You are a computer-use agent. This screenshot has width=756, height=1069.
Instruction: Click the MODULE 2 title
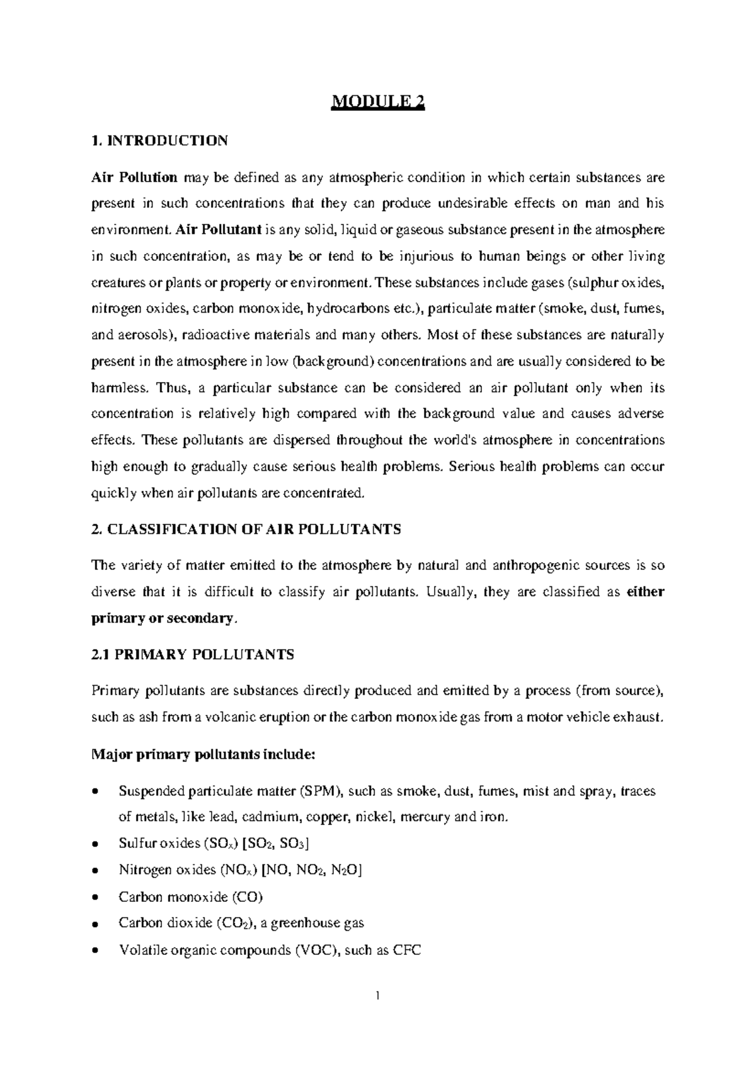pos(378,102)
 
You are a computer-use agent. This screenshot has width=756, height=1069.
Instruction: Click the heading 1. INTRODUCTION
pos(159,141)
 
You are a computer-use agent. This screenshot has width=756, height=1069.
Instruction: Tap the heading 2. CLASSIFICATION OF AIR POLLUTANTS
pos(246,529)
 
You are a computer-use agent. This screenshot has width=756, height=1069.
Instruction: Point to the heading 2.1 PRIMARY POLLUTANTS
pos(193,655)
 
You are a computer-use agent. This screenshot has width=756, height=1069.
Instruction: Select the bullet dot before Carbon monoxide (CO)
pos(95,898)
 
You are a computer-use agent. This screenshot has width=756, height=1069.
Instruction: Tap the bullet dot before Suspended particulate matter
pos(95,792)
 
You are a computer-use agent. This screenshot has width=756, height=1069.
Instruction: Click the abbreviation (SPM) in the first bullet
pos(320,791)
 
